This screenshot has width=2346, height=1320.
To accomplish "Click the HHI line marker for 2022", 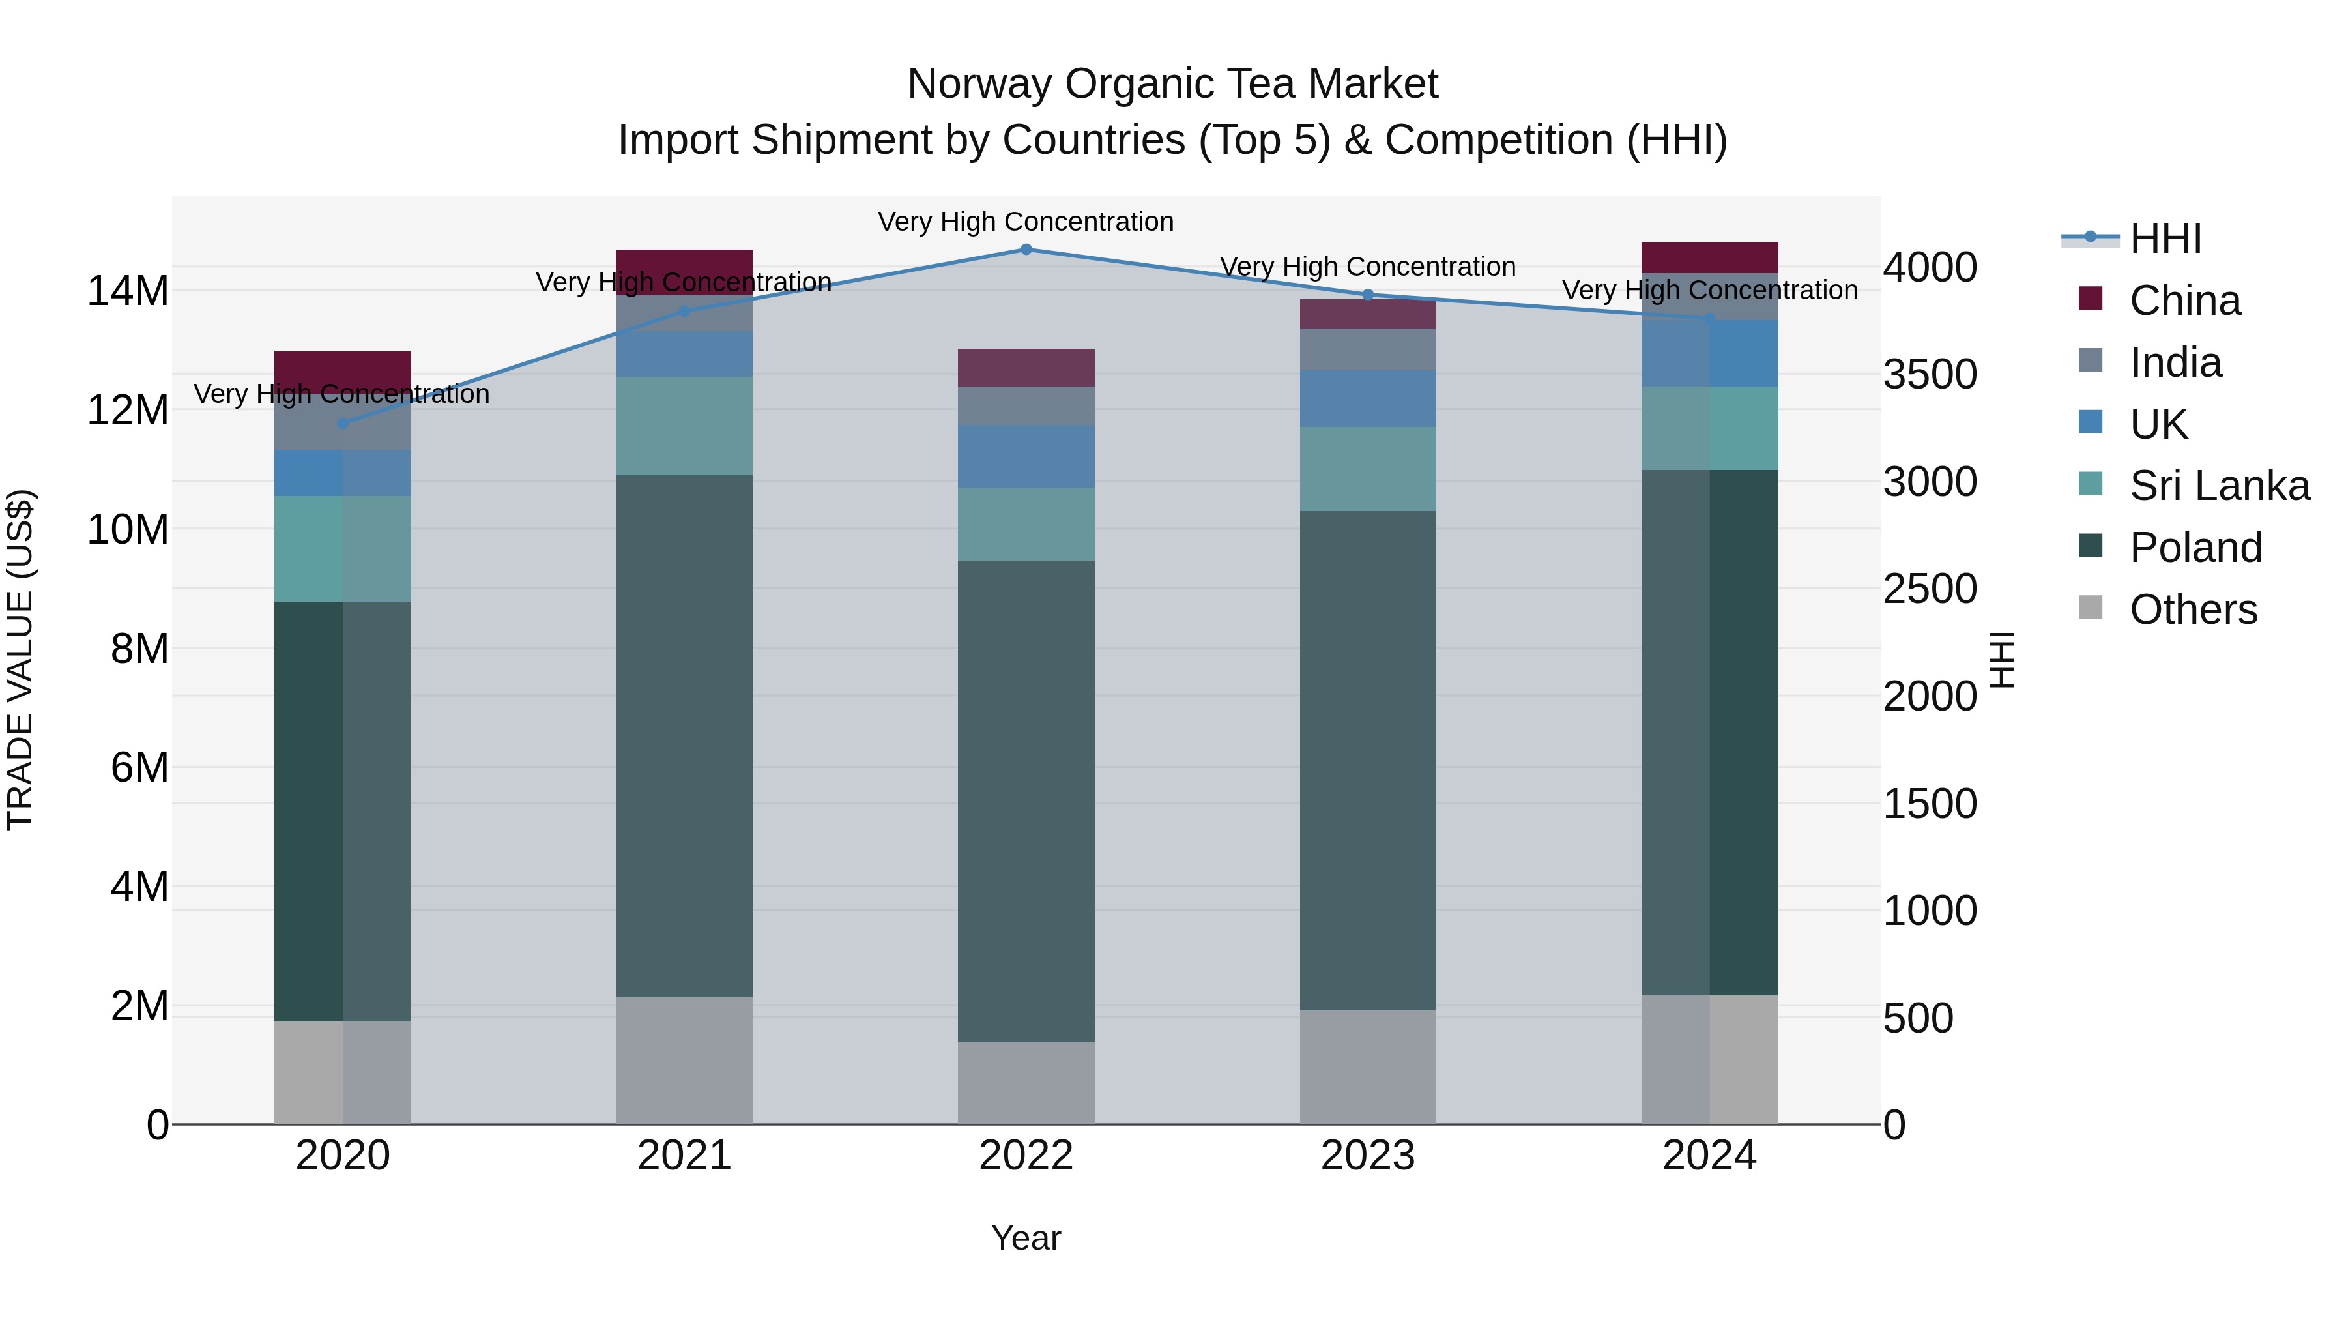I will pyautogui.click(x=1026, y=250).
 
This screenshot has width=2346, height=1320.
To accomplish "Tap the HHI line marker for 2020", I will pyautogui.click(x=342, y=424).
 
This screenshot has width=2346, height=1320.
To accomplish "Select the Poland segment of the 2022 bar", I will pyautogui.click(x=1026, y=802).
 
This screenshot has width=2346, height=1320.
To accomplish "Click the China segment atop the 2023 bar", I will pyautogui.click(x=1367, y=314).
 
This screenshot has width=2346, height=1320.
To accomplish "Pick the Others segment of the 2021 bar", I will pyautogui.click(x=684, y=1061).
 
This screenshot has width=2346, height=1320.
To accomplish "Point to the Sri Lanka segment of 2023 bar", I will pyautogui.click(x=1367, y=469).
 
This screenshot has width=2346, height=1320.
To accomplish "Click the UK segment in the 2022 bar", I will pyautogui.click(x=1026, y=456).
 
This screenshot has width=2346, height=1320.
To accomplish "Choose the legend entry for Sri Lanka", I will pyautogui.click(x=2218, y=486).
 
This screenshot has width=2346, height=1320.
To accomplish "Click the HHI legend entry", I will pyautogui.click(x=2165, y=239).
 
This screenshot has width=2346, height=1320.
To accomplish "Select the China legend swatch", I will pyautogui.click(x=2091, y=299).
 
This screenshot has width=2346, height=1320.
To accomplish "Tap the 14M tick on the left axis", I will pyautogui.click(x=128, y=291).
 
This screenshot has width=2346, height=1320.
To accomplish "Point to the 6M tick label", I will pyautogui.click(x=139, y=767).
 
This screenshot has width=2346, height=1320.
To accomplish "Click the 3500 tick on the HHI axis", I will pyautogui.click(x=1929, y=374).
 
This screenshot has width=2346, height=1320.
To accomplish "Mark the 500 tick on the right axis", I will pyautogui.click(x=1917, y=1018).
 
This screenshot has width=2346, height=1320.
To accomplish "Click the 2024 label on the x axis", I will pyautogui.click(x=1709, y=1156).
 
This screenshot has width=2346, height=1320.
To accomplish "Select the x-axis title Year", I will pyautogui.click(x=1026, y=1238).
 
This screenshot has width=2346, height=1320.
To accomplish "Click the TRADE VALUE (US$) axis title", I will pyautogui.click(x=20, y=660).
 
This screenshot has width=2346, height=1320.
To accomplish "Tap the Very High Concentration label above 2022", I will pyautogui.click(x=1026, y=222).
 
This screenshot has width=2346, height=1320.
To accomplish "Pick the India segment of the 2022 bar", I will pyautogui.click(x=1026, y=405).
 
